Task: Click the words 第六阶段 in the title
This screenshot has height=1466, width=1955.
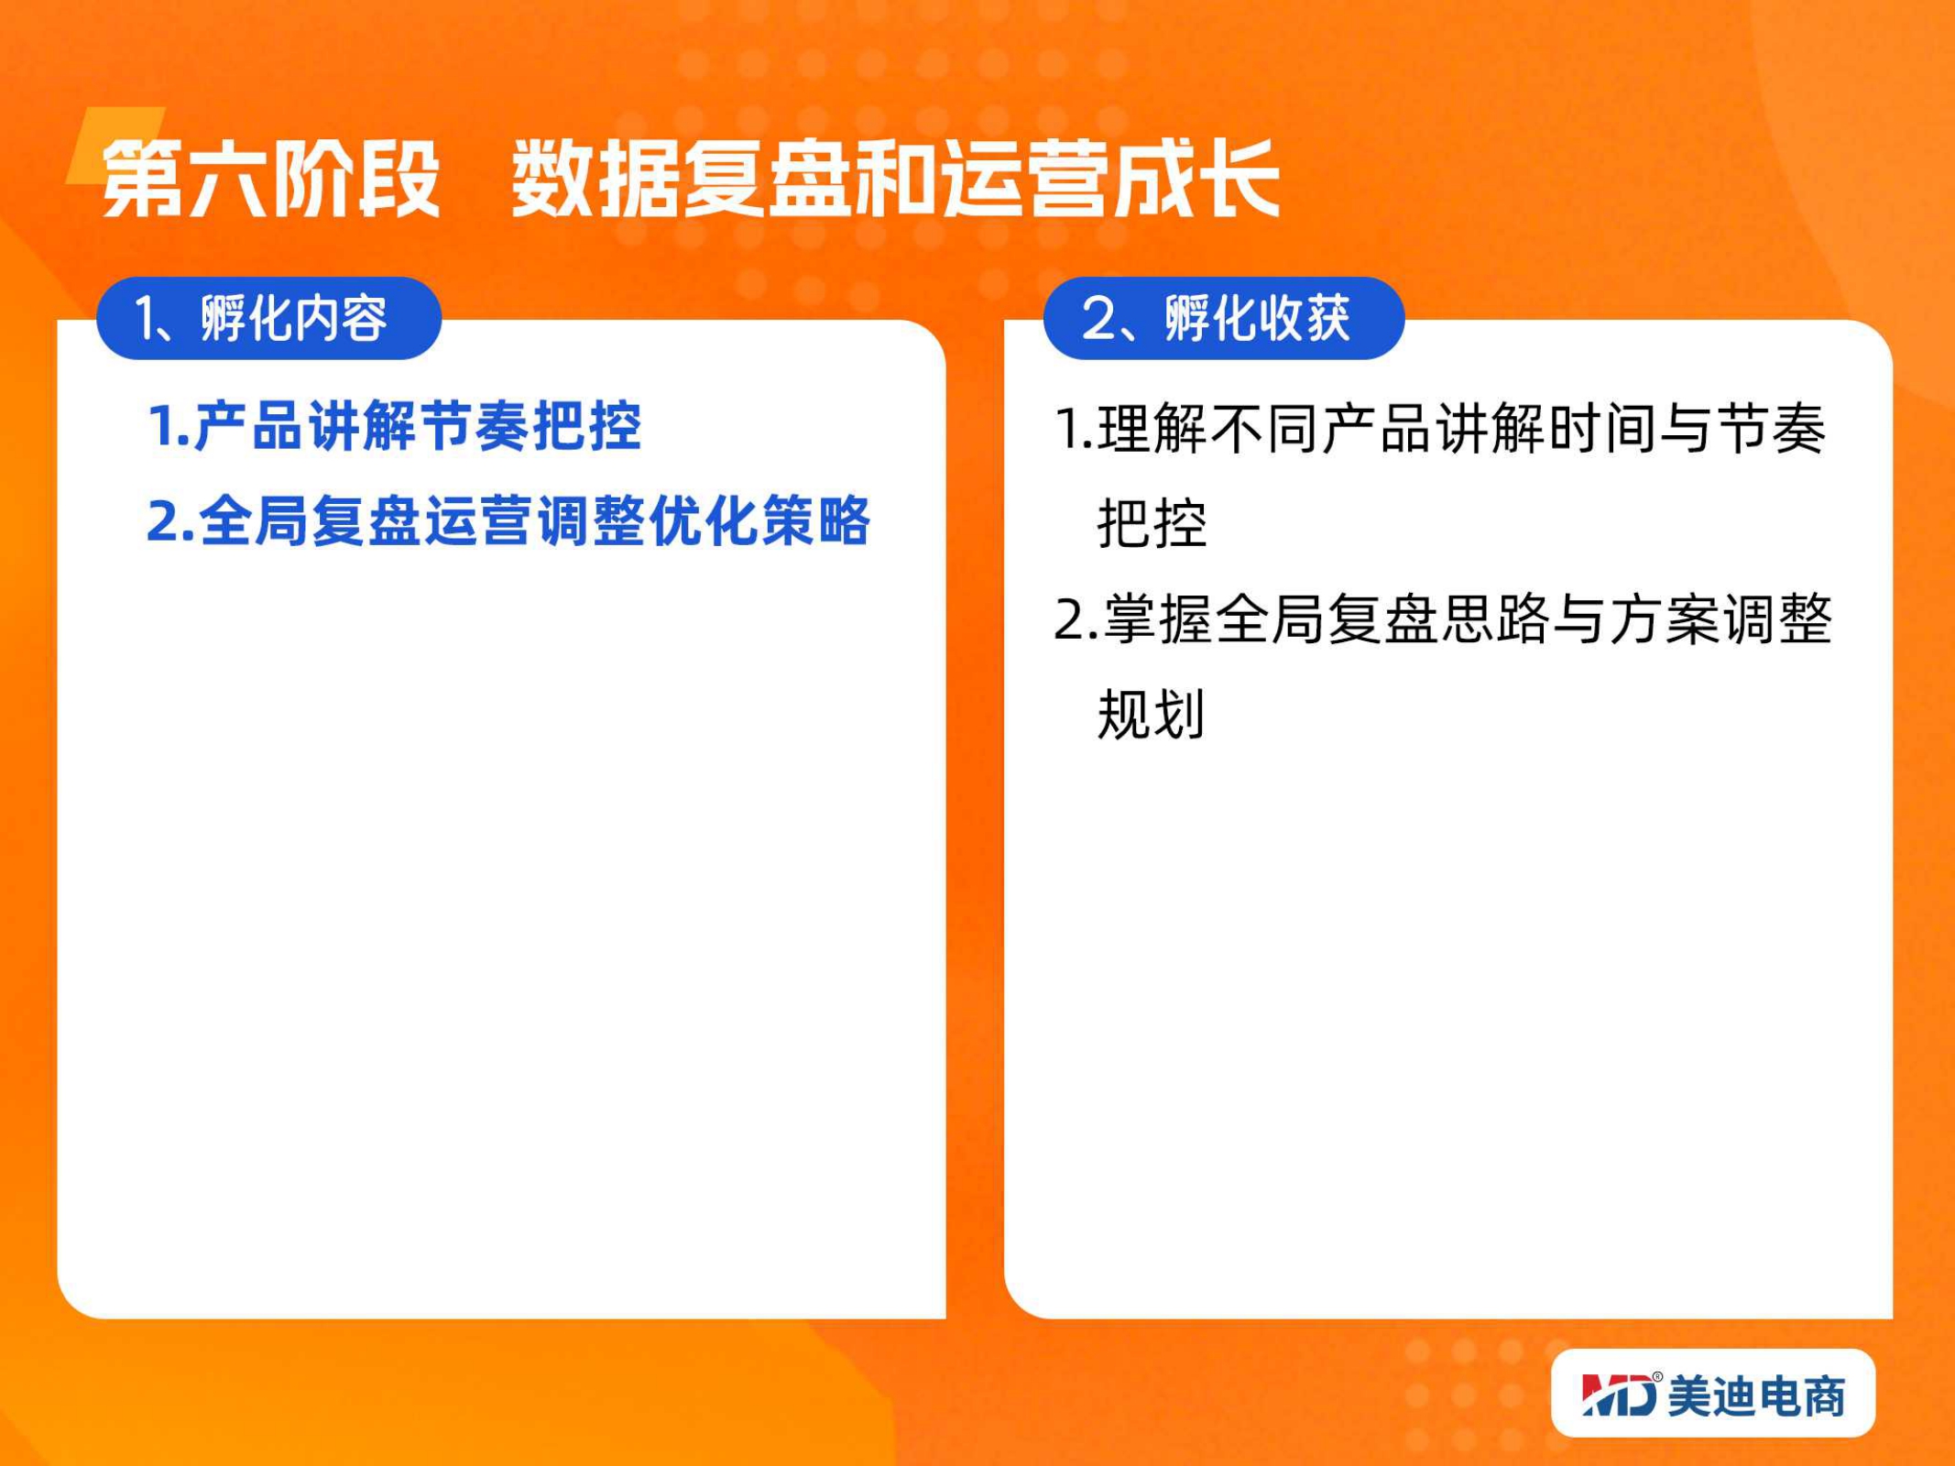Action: pos(271,179)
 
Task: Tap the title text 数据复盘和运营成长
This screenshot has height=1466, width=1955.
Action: pos(895,179)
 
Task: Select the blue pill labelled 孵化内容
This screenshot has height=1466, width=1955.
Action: pos(269,318)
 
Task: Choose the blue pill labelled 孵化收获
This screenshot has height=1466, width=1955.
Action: pos(1224,318)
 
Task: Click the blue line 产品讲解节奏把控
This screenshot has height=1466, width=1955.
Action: pos(395,426)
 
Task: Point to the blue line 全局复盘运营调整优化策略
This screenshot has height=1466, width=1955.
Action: pos(508,520)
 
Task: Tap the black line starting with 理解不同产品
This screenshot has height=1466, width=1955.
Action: pos(1440,428)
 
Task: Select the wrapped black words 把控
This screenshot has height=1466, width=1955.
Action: pos(1152,523)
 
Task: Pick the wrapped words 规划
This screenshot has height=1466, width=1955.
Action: pos(1151,714)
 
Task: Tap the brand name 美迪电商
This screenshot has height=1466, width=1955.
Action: pos(1757,1395)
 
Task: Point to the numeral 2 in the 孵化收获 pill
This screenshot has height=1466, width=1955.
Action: pos(1098,319)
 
